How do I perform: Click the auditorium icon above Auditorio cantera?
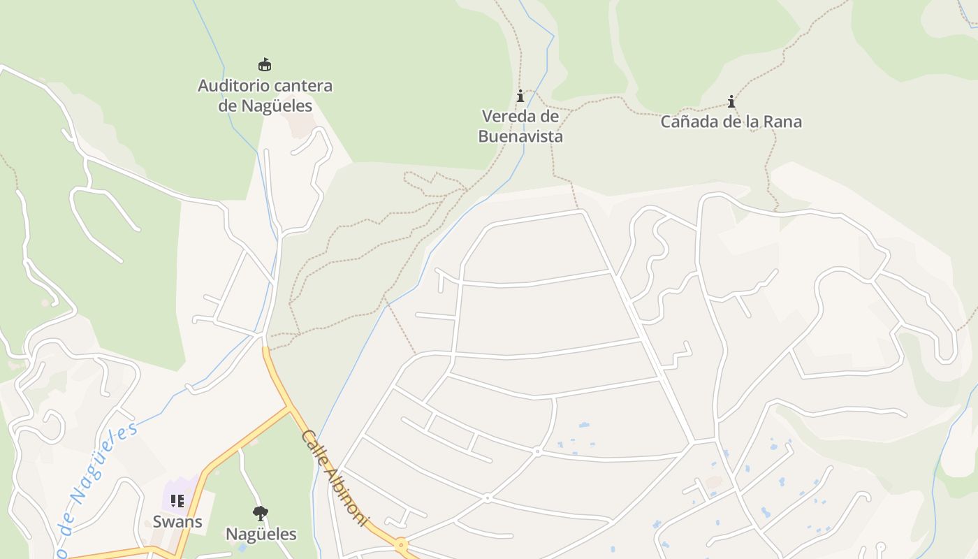tap(265, 64)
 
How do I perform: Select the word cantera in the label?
tap(302, 86)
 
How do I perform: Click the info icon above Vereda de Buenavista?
tap(520, 96)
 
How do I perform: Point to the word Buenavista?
tap(520, 136)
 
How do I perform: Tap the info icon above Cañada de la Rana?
tap(731, 102)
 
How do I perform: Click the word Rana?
tap(784, 122)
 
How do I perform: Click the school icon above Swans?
tap(177, 501)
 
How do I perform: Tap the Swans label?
tap(177, 521)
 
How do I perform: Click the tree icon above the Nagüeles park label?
tap(261, 514)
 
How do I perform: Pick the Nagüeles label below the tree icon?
tap(261, 535)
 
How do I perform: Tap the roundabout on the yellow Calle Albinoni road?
tap(401, 544)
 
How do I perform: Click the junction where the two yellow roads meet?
tap(289, 407)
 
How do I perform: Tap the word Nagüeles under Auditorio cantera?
tap(277, 106)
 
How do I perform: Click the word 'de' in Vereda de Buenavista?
tap(549, 116)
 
